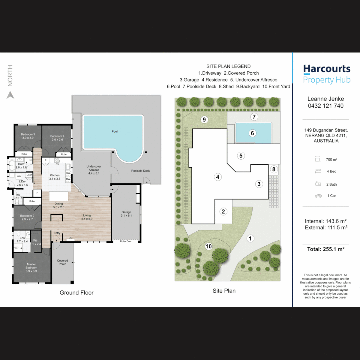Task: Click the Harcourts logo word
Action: tap(327, 69)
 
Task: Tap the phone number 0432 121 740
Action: tap(325, 106)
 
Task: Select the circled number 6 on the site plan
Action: tap(252, 133)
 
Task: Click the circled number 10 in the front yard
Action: tap(209, 247)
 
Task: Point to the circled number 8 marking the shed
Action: tap(274, 169)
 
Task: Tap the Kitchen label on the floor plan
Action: tap(55, 175)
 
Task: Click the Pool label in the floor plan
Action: tap(115, 132)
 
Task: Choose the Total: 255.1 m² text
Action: tap(325, 249)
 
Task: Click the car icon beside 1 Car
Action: tap(318, 196)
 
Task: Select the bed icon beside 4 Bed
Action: tap(318, 171)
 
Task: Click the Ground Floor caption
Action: tap(77, 293)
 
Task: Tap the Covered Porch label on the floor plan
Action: tap(62, 262)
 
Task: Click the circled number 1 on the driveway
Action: tap(250, 238)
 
